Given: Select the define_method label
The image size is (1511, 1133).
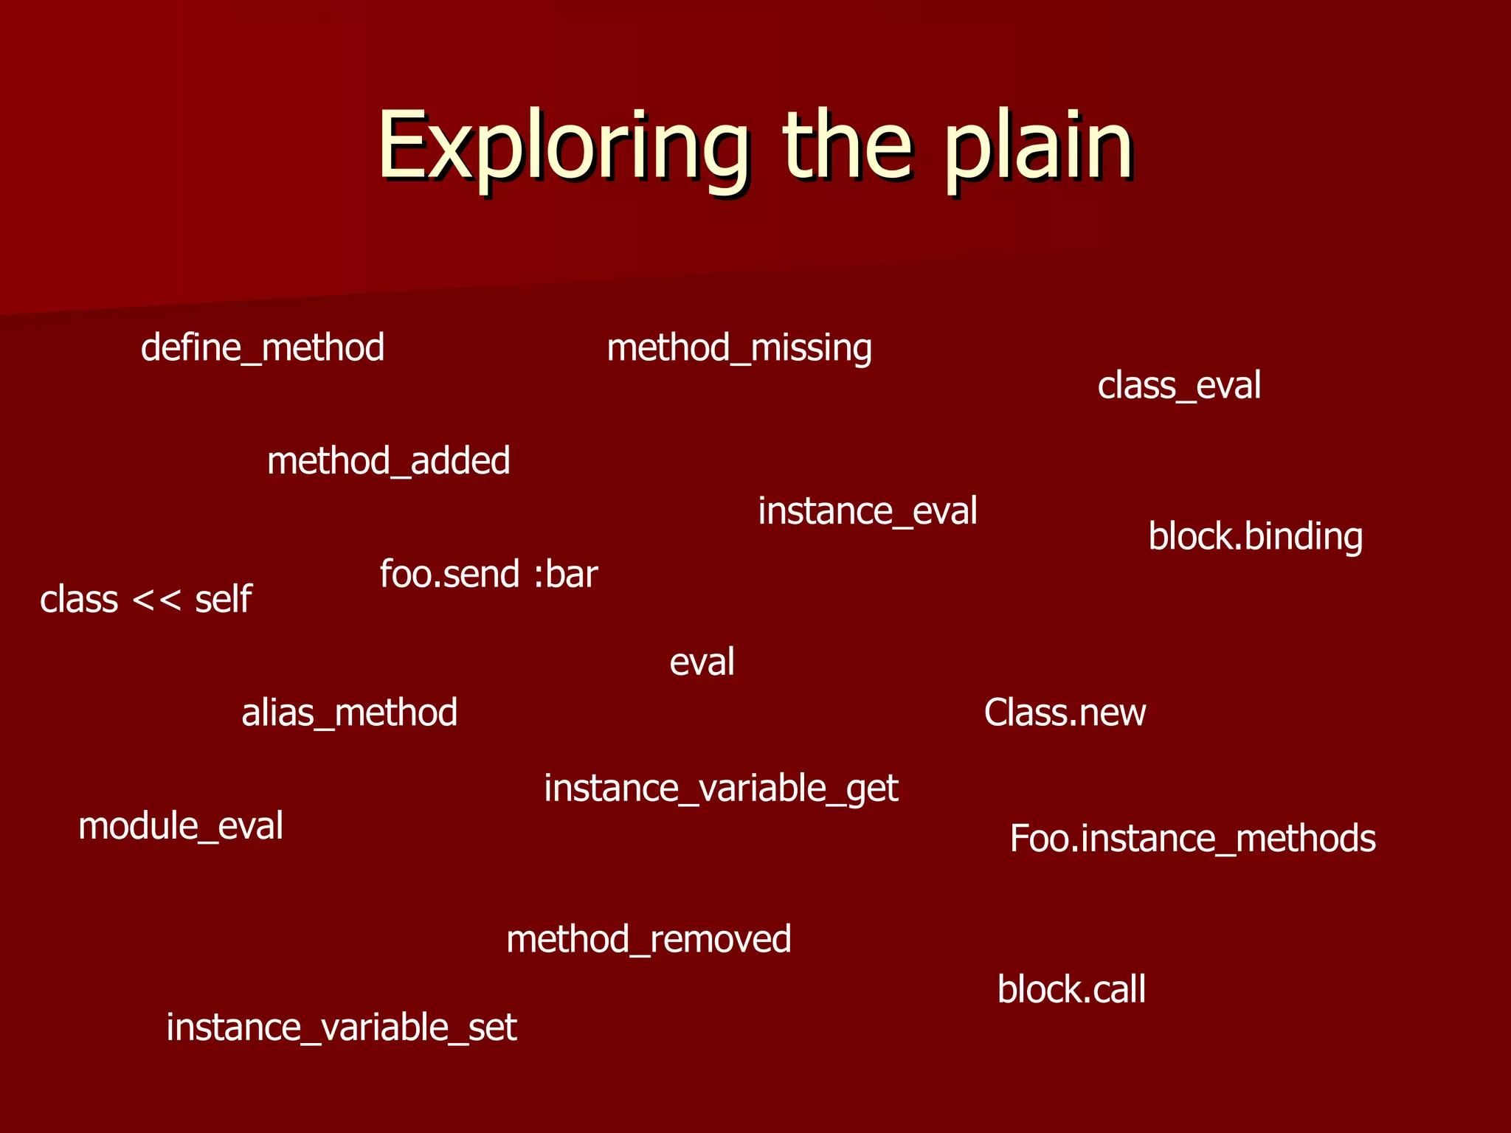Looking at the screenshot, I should point(263,347).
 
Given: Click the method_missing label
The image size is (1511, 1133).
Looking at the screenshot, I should point(739,347).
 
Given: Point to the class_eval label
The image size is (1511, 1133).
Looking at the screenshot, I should point(1179,386).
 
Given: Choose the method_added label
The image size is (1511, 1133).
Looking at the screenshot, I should point(389,461).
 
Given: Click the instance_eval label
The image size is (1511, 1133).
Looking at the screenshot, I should point(868,511).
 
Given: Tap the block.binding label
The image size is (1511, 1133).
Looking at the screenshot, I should point(1256,536).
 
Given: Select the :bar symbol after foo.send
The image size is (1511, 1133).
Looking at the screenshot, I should point(565,575).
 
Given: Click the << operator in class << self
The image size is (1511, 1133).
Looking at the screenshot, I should point(156,600).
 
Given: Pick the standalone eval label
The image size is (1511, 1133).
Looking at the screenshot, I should point(702,662).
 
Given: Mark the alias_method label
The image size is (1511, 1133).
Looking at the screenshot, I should point(350,713).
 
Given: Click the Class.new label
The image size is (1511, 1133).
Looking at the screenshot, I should point(1065,713).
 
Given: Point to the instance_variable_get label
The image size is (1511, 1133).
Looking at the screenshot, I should point(721,789).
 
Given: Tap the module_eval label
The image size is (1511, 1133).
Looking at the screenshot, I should point(181,826).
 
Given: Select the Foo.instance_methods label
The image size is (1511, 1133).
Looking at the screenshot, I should point(1192,839).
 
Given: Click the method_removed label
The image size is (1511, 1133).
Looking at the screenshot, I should point(649,940).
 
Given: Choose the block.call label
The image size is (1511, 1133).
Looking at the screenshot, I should point(1071,990).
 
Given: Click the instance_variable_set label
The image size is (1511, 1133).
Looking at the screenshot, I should point(342,1028).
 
